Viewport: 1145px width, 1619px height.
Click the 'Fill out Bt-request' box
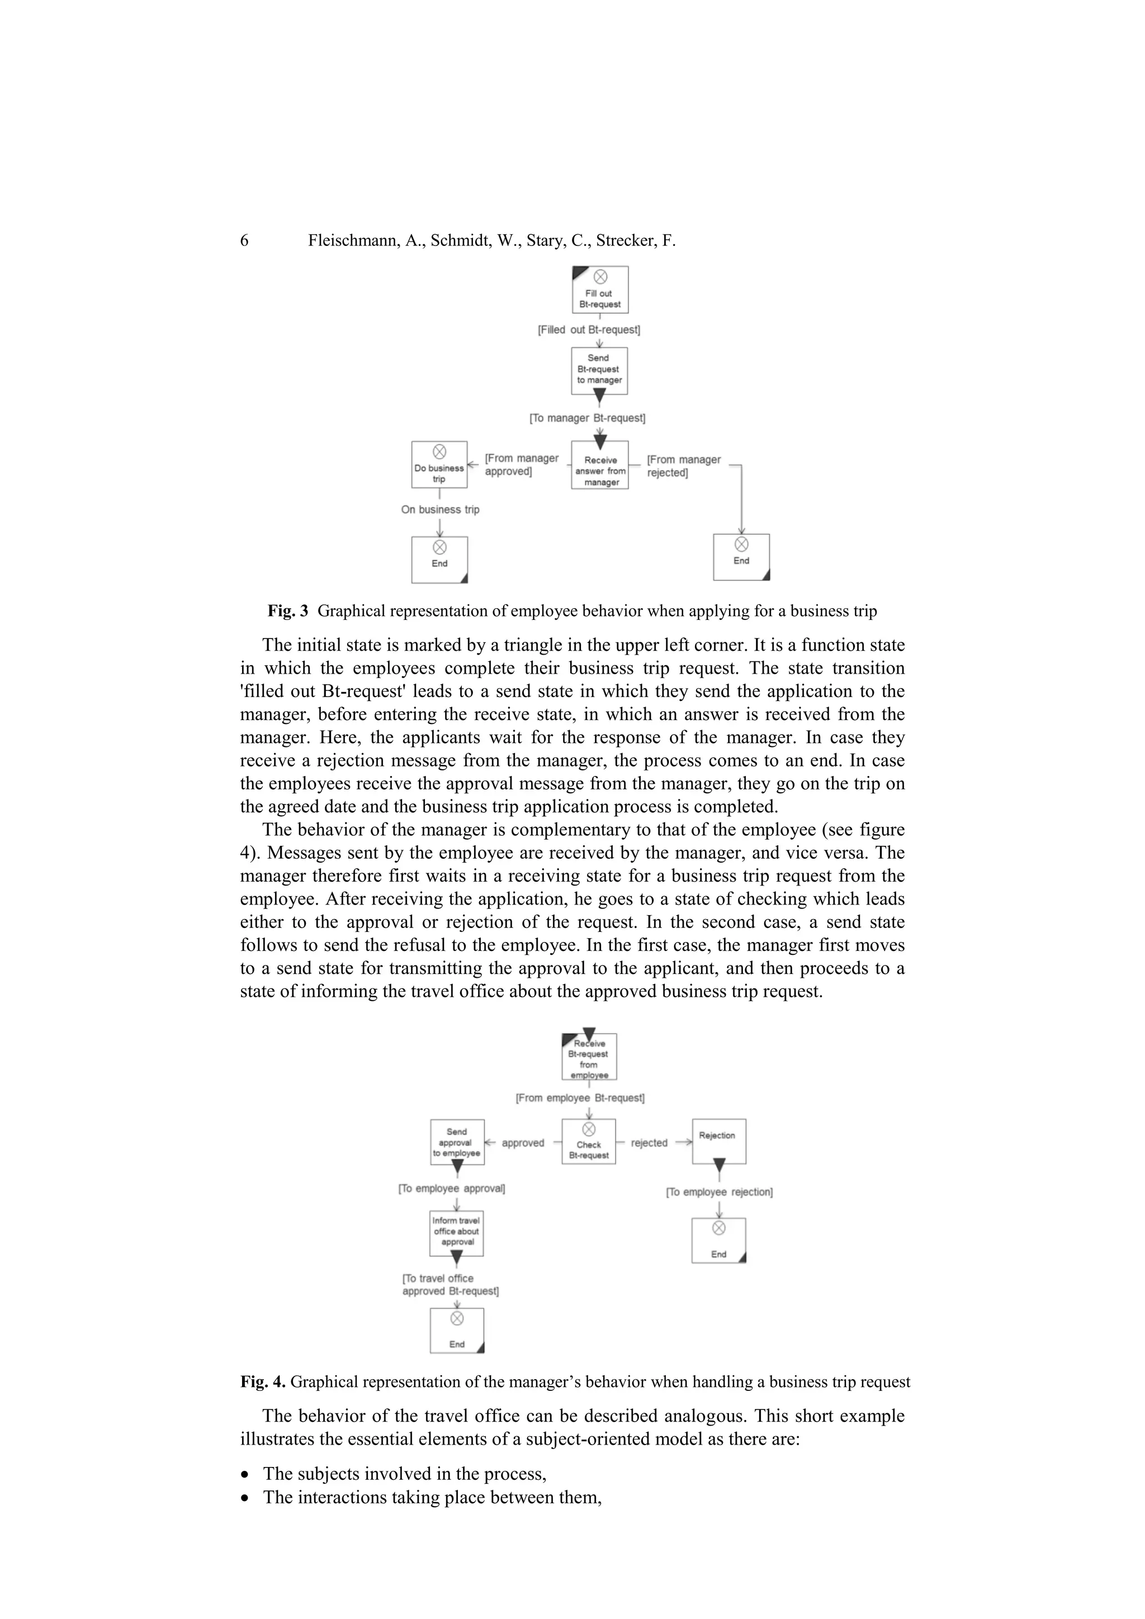coord(599,290)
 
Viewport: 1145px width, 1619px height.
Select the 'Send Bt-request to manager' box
coord(599,370)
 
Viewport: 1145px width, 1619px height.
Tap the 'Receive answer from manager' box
coord(600,465)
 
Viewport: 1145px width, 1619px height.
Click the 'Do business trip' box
coord(439,465)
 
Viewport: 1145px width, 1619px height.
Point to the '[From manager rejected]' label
coord(683,466)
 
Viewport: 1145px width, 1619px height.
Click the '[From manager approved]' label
coord(521,465)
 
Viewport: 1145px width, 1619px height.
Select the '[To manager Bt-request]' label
coord(587,418)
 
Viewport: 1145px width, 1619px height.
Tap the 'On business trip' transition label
coord(440,510)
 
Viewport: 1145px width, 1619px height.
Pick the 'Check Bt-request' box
coord(589,1142)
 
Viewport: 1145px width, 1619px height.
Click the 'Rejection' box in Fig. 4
coord(718,1141)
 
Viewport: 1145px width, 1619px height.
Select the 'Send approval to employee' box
coord(457,1142)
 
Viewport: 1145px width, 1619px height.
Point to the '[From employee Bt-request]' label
coord(580,1098)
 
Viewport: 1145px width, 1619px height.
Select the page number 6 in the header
coord(245,241)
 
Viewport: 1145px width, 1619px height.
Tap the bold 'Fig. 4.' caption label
coord(262,1382)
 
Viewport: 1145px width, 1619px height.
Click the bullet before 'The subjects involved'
coord(245,1474)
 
